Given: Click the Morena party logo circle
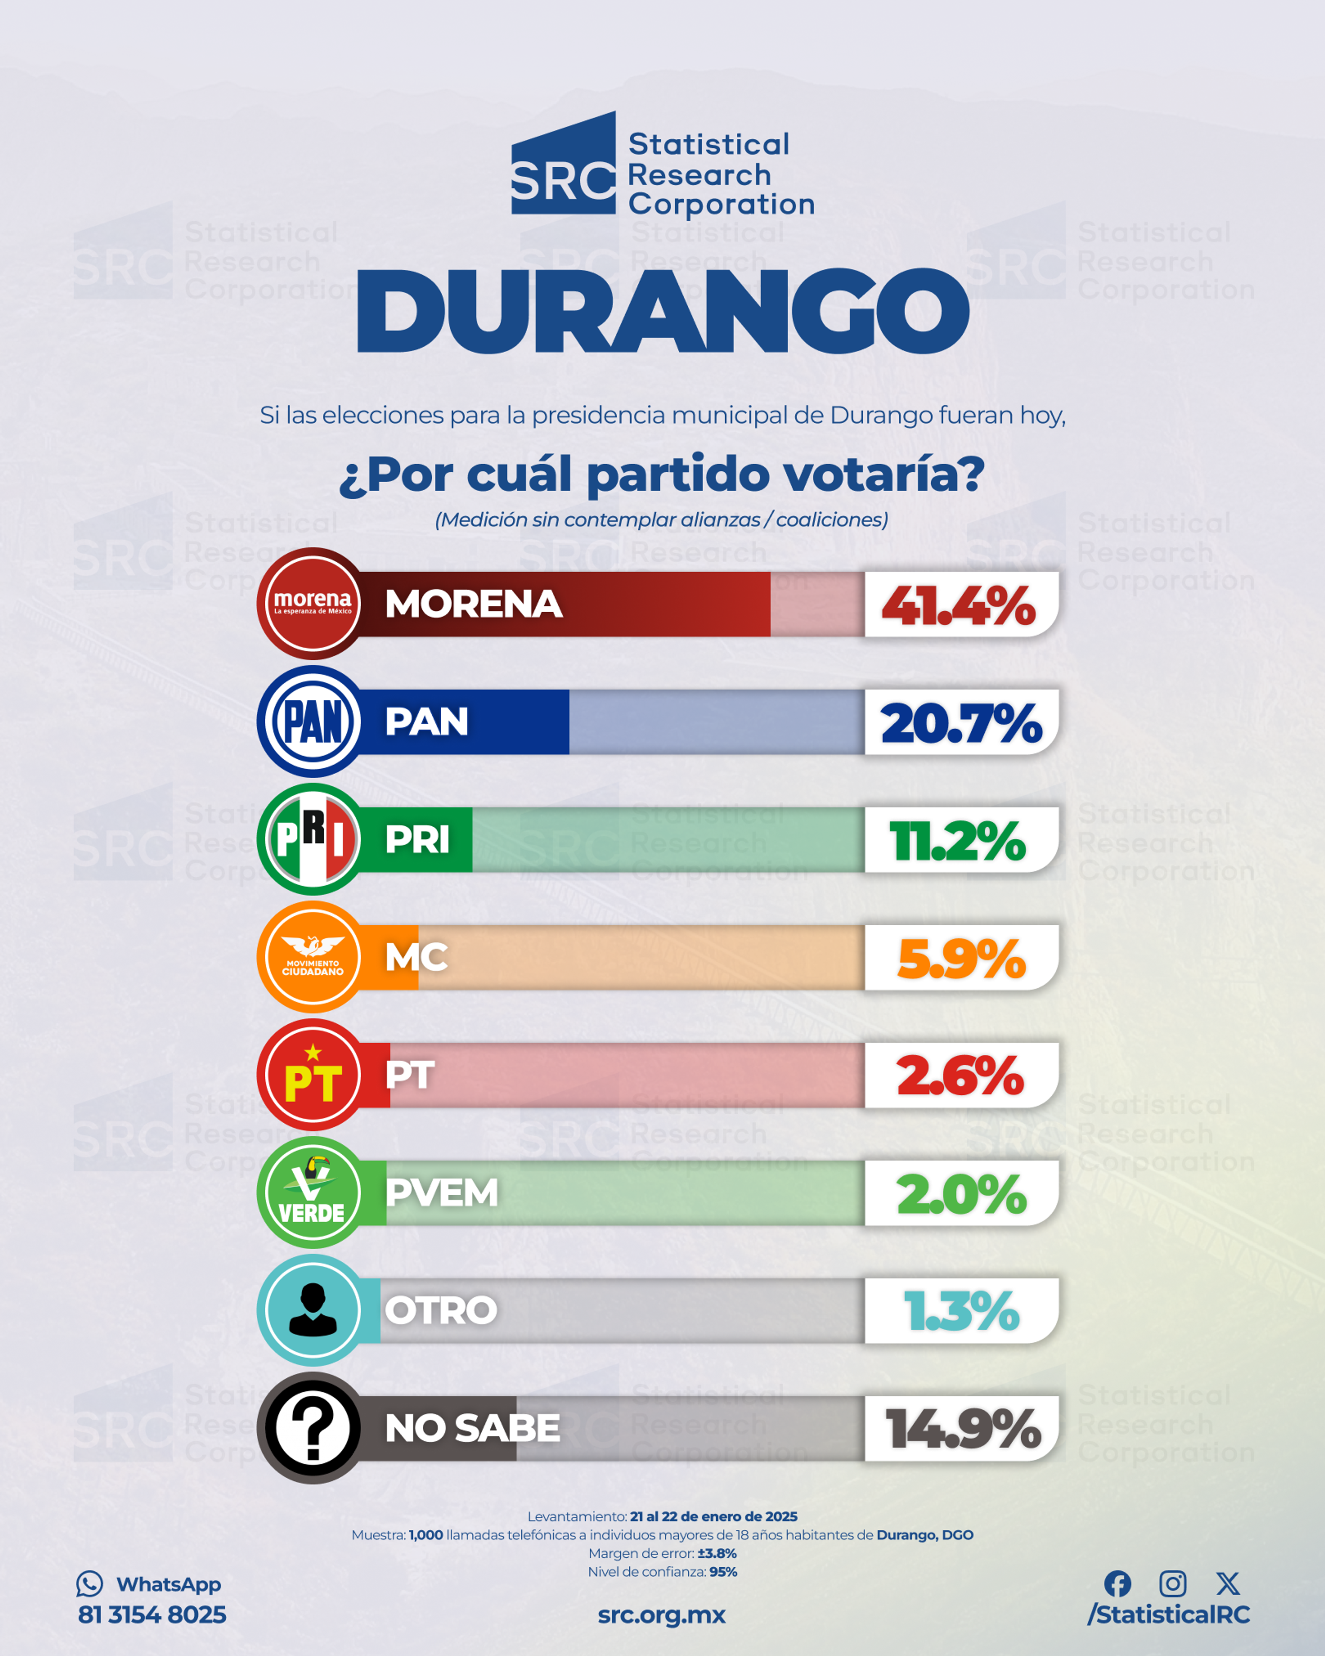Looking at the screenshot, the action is point(313,604).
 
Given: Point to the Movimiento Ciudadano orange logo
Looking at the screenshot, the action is point(313,957).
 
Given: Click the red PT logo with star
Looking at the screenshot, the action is point(313,1075).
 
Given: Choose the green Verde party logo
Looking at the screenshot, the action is point(313,1192).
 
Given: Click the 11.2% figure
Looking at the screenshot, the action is point(957,841).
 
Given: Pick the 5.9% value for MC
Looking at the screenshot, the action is point(961,958).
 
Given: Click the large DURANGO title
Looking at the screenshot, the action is point(663,311).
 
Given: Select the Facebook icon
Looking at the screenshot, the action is point(1118,1583).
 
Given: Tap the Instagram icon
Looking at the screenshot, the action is point(1172,1583).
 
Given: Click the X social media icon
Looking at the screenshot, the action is point(1227,1583).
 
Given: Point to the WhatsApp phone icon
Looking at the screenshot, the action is point(89,1584).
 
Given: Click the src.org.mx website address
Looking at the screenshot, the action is point(661,1615).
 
